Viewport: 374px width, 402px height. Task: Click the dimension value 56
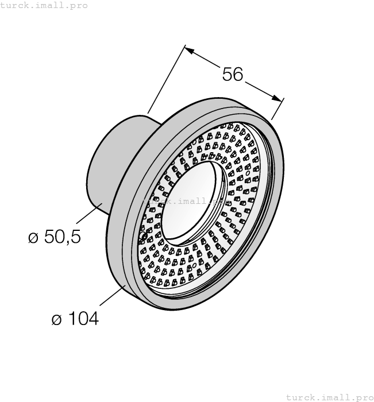tap(233, 74)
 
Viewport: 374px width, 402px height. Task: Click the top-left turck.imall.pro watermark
tap(44, 5)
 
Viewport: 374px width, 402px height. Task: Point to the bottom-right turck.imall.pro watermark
tap(329, 397)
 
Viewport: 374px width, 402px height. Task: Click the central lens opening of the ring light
tap(190, 201)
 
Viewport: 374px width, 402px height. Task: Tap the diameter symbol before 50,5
tap(33, 237)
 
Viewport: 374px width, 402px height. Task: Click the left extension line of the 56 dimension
tap(167, 80)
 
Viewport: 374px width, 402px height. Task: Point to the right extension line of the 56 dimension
tap(277, 109)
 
